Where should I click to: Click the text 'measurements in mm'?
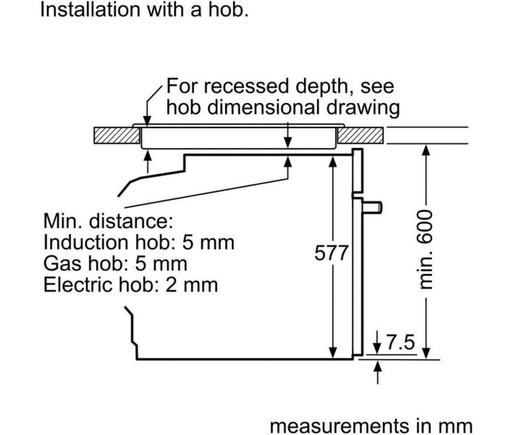click(371, 425)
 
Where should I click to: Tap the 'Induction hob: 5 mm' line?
click(139, 241)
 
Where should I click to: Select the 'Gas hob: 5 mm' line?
click(115, 262)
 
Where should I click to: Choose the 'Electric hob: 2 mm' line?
click(130, 283)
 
